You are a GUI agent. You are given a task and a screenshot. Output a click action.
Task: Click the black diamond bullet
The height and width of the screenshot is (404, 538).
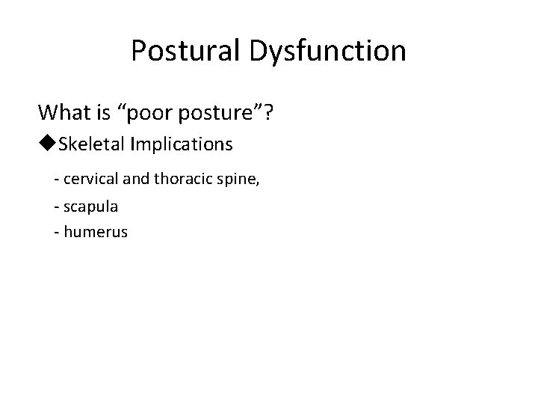click(x=47, y=144)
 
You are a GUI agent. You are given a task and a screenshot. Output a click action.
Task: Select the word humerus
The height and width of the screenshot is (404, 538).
click(x=96, y=232)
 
